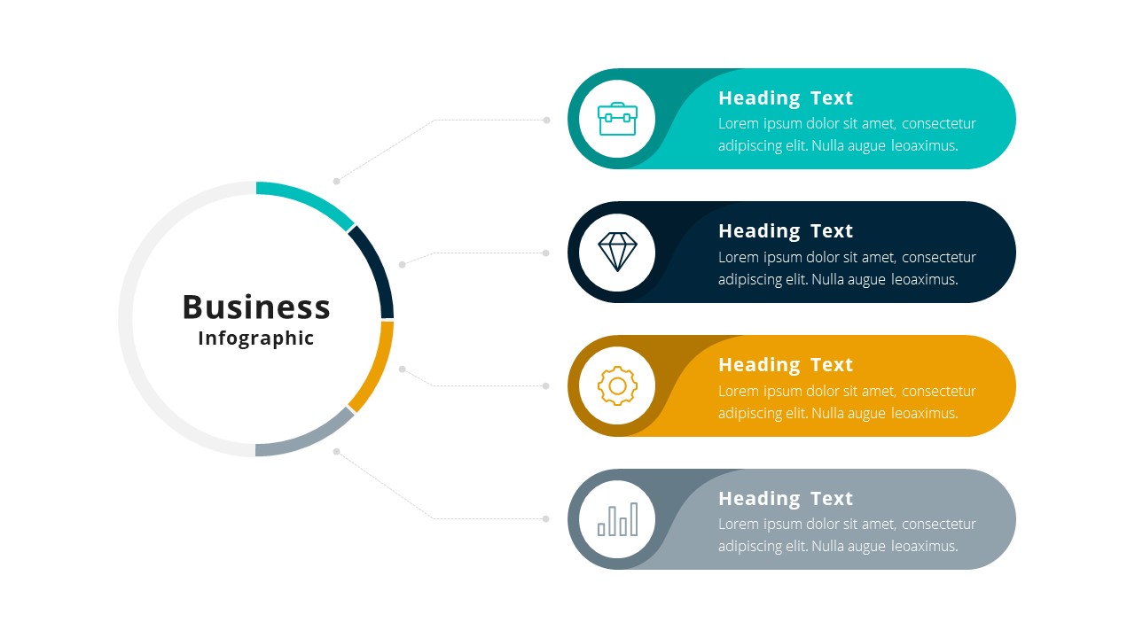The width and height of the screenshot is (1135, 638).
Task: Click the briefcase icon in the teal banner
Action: pyautogui.click(x=617, y=119)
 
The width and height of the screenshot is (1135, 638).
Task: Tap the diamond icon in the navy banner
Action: pyautogui.click(x=617, y=252)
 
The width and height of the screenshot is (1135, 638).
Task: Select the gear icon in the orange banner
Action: pyautogui.click(x=617, y=385)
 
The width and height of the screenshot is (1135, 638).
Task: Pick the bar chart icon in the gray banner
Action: pyautogui.click(x=618, y=519)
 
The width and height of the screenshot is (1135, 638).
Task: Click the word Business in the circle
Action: pyautogui.click(x=256, y=307)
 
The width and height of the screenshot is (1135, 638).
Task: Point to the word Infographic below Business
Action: pyautogui.click(x=256, y=338)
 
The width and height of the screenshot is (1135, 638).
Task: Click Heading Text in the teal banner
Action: pyautogui.click(x=786, y=98)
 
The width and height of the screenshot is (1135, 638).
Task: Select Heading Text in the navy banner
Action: pyautogui.click(x=786, y=232)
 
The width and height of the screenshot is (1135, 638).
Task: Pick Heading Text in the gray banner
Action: pyautogui.click(x=786, y=499)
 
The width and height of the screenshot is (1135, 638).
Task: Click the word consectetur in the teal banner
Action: pyautogui.click(x=939, y=124)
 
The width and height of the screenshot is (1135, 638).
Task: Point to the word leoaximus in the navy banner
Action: pyautogui.click(x=923, y=279)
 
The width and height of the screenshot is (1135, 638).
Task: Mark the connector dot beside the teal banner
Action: pyautogui.click(x=546, y=120)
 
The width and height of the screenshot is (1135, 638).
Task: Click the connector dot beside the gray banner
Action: pyautogui.click(x=545, y=518)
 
